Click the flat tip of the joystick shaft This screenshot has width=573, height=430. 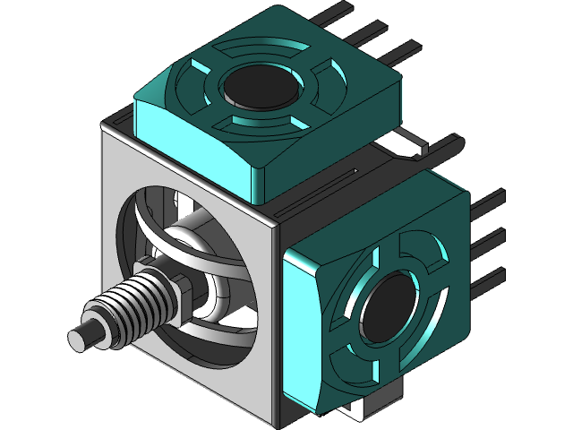click(80, 338)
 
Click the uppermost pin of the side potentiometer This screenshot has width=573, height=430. click(487, 202)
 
